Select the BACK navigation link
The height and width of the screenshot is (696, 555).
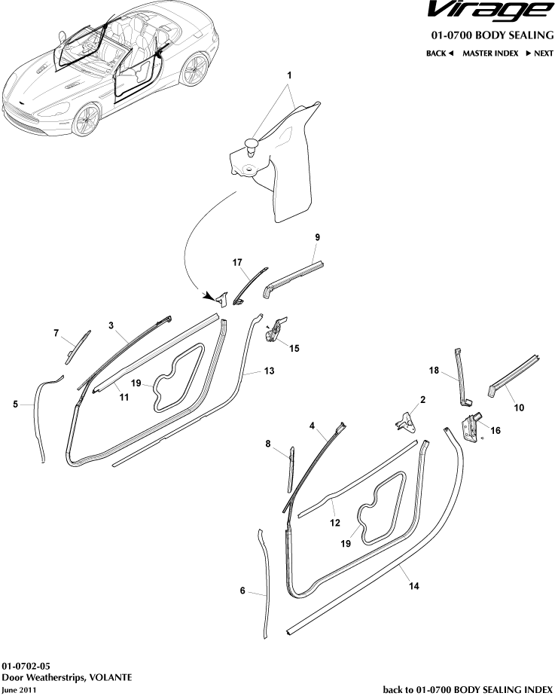coord(440,53)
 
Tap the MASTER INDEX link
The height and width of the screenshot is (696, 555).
coord(490,53)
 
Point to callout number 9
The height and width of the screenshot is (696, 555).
coord(317,237)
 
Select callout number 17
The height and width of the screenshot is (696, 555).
coord(237,262)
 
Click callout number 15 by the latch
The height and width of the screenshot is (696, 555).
coord(294,348)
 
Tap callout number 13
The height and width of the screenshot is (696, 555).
coord(270,371)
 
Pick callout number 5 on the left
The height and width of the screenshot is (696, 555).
coord(16,404)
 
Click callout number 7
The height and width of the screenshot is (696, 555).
coord(56,332)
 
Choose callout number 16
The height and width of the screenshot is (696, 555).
coord(495,430)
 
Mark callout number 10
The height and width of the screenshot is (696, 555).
coord(518,408)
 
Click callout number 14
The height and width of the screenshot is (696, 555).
coord(413,585)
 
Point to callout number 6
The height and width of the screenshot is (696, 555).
coord(242,591)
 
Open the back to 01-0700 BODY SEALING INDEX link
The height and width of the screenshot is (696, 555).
coord(468,689)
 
